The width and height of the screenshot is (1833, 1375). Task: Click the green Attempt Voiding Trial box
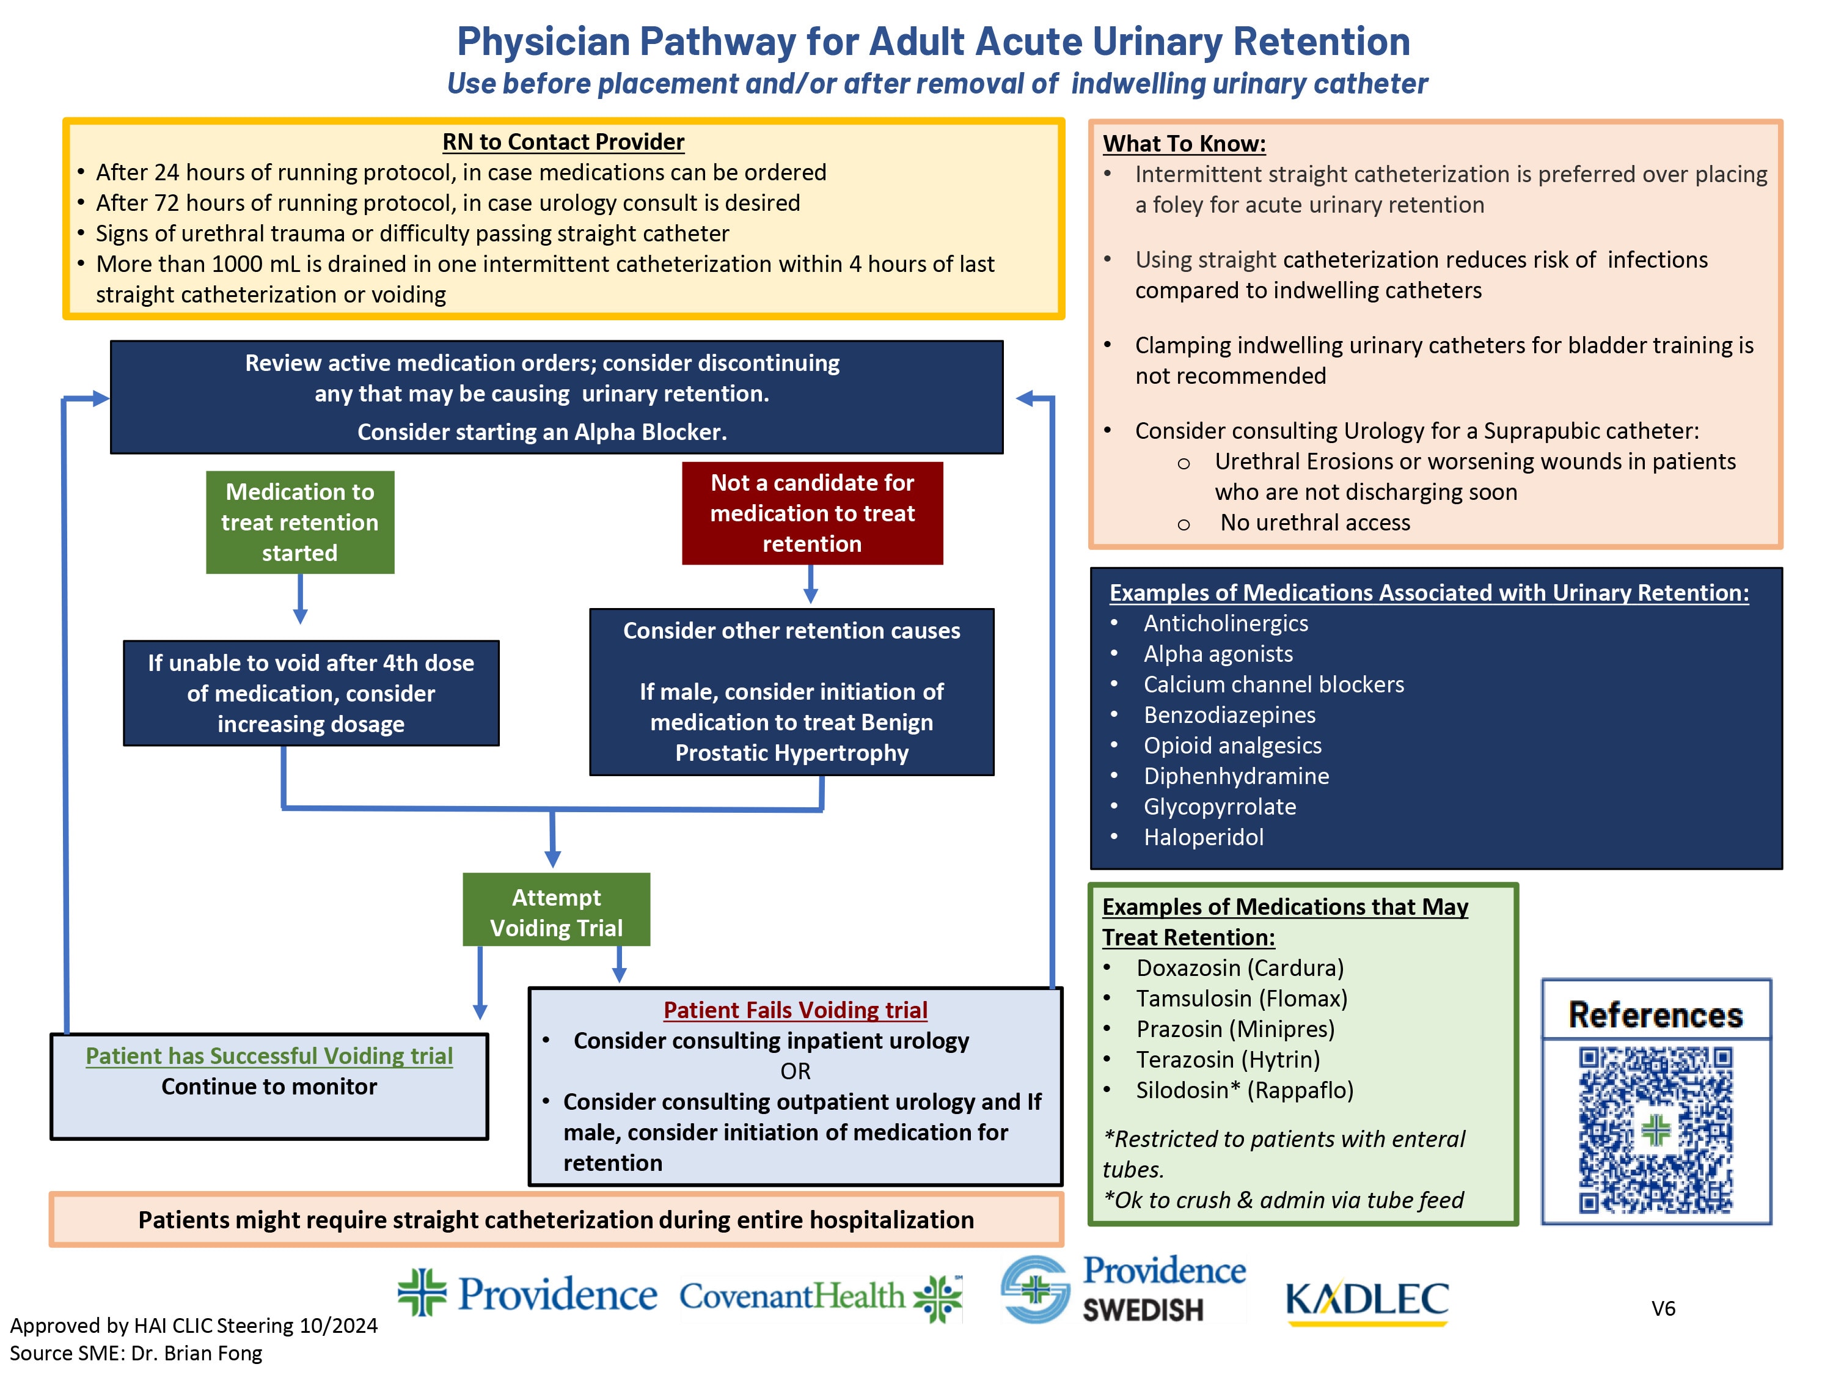556,912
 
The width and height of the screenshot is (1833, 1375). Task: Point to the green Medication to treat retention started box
300,522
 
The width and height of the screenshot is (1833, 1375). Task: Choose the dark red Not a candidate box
812,513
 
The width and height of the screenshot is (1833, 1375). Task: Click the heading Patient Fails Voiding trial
795,1010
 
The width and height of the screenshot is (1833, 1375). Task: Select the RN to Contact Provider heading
563,142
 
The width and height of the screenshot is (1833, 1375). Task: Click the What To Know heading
1184,144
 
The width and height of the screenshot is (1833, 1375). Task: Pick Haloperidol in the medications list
1203,837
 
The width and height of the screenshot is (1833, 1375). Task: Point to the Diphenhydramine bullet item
1235,776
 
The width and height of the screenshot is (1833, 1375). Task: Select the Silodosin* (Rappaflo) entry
1244,1090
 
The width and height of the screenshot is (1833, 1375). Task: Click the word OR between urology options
795,1071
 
